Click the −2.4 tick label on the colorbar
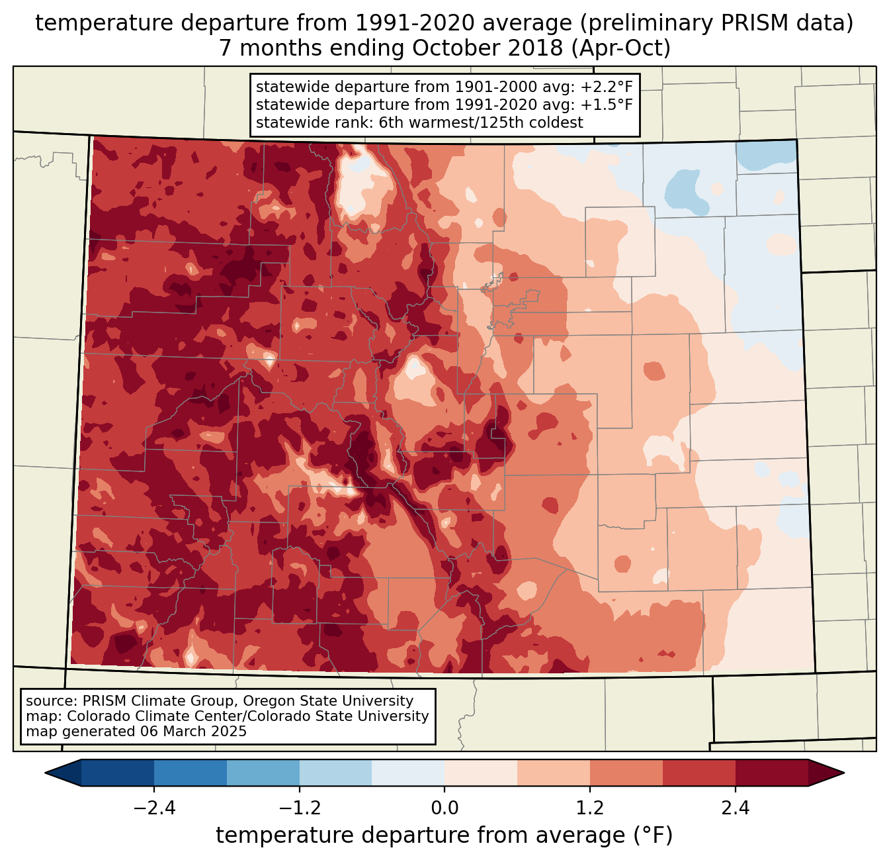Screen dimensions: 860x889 154,808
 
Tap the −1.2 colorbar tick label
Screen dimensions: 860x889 299,808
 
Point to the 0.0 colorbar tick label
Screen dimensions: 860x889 444,808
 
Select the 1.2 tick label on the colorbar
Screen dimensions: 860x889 590,808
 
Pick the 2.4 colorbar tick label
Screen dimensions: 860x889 735,808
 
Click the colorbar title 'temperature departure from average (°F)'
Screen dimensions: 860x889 444,836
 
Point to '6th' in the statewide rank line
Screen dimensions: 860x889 390,122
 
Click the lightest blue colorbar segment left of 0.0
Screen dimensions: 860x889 408,773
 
